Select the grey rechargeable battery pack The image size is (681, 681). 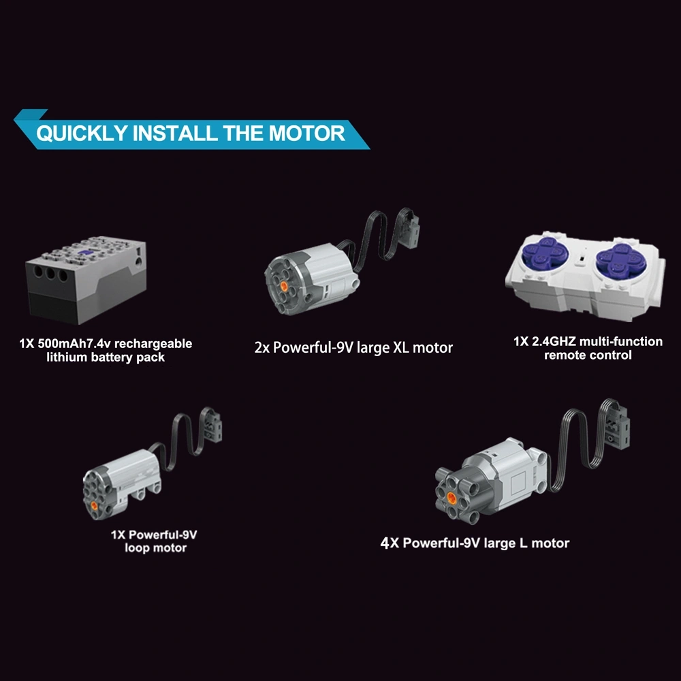click(x=86, y=280)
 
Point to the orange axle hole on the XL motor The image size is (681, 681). click(x=284, y=285)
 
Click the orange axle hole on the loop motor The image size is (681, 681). click(x=94, y=505)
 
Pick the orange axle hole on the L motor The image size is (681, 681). click(x=452, y=496)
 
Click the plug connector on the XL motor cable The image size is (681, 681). click(x=410, y=228)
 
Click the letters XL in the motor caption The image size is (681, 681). click(x=401, y=347)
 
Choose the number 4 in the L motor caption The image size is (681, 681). click(x=384, y=543)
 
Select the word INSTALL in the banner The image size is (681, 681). click(x=174, y=133)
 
